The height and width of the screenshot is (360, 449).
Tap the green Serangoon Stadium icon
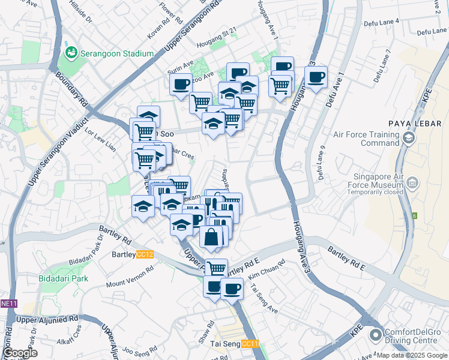pyautogui.click(x=72, y=53)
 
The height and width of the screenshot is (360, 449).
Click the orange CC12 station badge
pyautogui.click(x=145, y=254)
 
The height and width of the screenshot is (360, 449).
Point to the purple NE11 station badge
pyautogui.click(x=8, y=304)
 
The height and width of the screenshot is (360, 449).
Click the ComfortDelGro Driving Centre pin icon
pyautogui.click(x=376, y=334)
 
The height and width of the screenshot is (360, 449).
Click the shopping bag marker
pyautogui.click(x=211, y=238)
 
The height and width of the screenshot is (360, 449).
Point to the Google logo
pyautogui.click(x=20, y=353)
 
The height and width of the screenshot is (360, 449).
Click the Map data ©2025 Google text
pyautogui.click(x=411, y=355)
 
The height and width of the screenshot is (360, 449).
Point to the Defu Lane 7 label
pyautogui.click(x=383, y=65)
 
